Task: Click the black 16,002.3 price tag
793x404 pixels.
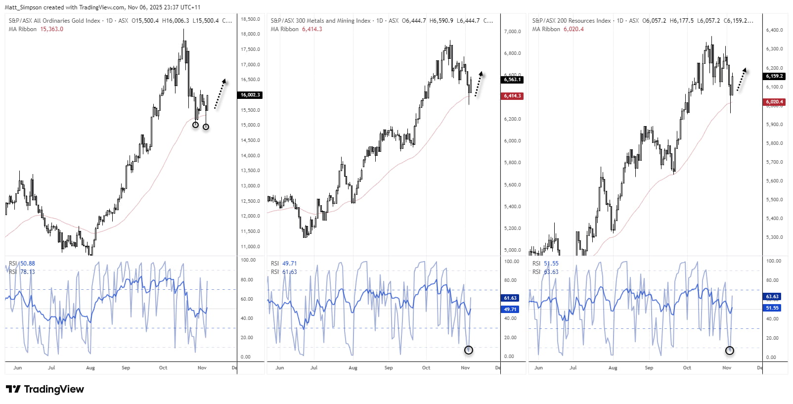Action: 250,95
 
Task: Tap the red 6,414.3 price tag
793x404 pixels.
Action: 512,96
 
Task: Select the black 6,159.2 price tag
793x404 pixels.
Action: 774,76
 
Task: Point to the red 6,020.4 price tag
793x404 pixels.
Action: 774,102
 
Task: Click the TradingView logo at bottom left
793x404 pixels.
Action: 45,389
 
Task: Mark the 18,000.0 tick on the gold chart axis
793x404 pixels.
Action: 250,34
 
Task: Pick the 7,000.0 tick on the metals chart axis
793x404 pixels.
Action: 512,32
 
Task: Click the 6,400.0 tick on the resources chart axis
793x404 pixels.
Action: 774,30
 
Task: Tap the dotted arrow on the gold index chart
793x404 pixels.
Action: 220,93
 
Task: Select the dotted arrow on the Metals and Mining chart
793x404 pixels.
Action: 478,84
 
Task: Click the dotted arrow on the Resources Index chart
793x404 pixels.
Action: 741,80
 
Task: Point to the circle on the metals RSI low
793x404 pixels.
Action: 469,350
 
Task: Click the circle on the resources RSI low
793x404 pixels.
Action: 730,351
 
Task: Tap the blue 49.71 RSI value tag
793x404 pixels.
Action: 510,309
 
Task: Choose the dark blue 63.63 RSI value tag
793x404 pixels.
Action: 772,297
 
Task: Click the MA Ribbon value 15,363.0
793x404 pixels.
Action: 51,29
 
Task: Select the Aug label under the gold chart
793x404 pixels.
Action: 90,368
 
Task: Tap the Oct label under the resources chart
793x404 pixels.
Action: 687,368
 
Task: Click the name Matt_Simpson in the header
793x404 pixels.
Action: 23,7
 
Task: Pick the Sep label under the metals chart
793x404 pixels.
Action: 389,368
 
